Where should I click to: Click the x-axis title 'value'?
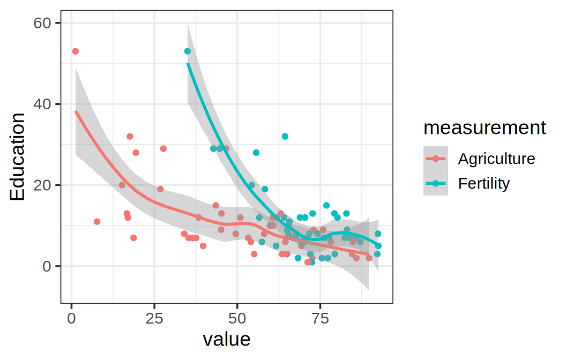point(227,339)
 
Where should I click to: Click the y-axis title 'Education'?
point(17,156)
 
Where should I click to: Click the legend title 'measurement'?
point(485,128)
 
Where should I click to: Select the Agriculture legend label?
point(496,159)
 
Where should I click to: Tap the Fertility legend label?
point(483,183)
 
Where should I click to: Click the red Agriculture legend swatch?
point(436,159)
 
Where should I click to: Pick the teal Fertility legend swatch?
point(436,183)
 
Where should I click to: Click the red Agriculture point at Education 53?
point(76,51)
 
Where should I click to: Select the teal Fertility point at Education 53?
point(188,51)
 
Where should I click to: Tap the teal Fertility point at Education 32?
point(285,137)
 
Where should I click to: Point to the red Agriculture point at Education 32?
point(130,137)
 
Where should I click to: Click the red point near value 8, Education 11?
point(97,222)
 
